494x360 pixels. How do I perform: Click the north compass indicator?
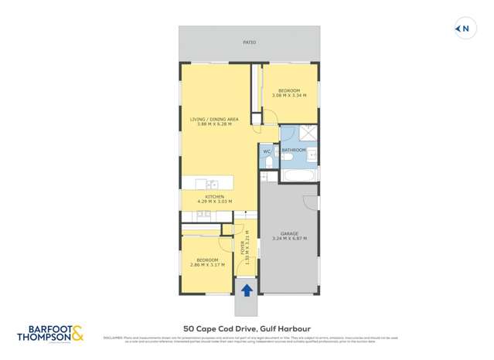point(462,29)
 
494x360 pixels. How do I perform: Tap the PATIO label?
point(249,42)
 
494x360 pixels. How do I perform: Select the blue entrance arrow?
point(247,290)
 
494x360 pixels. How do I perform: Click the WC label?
point(267,151)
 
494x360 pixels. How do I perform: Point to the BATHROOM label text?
point(294,150)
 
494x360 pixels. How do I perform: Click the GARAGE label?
point(290,233)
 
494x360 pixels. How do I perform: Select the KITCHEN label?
point(215,196)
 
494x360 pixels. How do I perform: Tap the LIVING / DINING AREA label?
point(218,119)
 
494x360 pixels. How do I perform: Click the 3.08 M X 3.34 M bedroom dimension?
point(290,96)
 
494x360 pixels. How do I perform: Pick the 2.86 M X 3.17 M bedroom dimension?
point(207,265)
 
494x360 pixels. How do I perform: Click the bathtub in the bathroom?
point(298,176)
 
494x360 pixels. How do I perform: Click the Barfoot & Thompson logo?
point(50,334)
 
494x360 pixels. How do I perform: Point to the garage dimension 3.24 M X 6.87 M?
point(290,239)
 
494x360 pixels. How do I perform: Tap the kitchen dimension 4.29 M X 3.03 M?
point(215,202)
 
